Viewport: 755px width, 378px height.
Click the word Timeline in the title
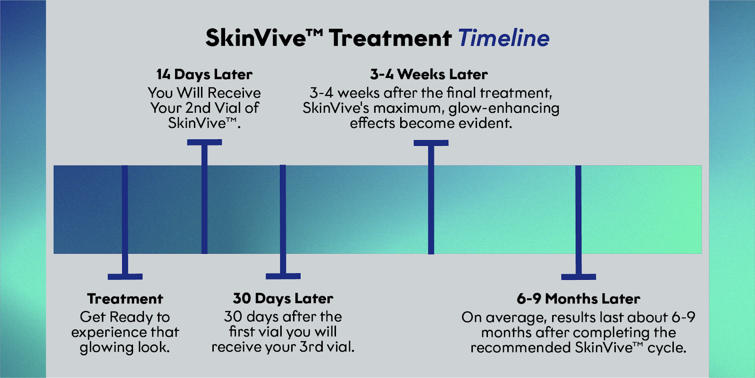point(503,38)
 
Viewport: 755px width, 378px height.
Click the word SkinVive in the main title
point(256,38)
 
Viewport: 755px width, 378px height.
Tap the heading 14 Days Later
point(204,75)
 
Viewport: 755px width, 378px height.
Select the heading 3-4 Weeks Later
point(429,75)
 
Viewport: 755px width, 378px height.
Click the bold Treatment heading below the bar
point(125,299)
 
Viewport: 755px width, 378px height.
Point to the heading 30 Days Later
point(283,298)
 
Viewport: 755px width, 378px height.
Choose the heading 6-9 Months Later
point(579,299)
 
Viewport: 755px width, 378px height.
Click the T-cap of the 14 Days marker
point(204,142)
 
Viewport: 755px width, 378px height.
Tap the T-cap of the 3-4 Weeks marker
point(431,143)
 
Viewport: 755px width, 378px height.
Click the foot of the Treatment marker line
point(125,277)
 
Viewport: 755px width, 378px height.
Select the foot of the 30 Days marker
point(283,276)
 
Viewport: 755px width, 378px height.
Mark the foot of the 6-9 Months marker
point(579,277)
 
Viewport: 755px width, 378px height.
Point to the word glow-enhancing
point(503,109)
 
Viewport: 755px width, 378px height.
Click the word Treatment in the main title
point(390,38)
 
